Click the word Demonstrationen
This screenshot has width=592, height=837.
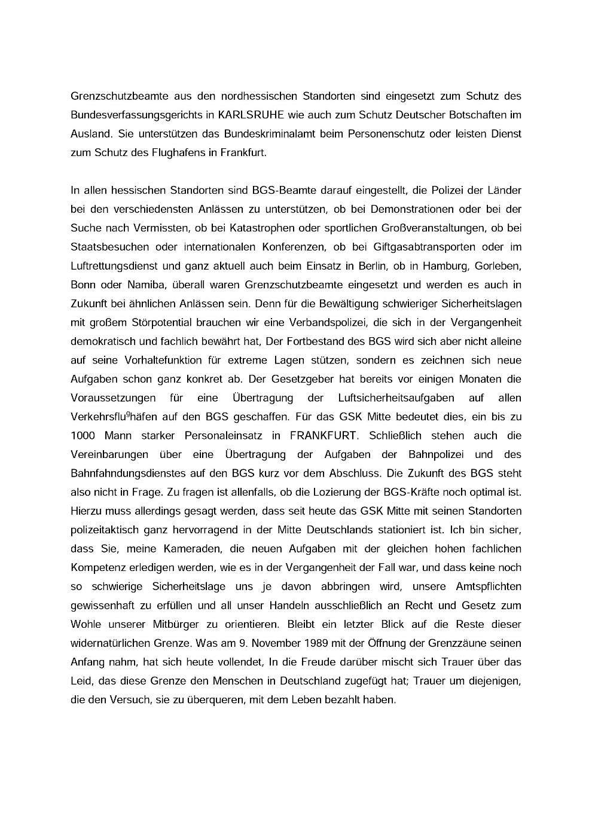pyautogui.click(x=413, y=209)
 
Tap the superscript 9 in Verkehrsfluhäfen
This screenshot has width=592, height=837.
pyautogui.click(x=128, y=414)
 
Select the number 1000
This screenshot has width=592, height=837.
pyautogui.click(x=83, y=435)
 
